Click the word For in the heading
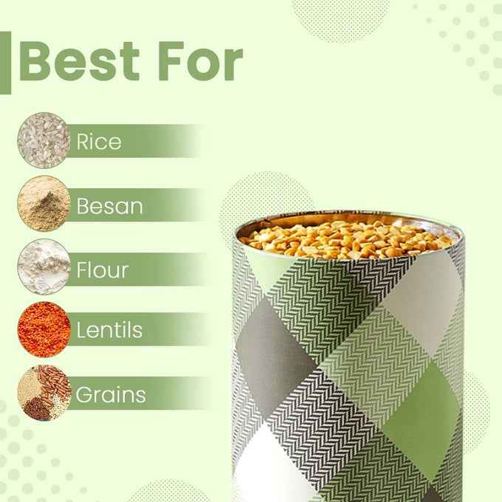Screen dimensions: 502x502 199,62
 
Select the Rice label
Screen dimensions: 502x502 98,141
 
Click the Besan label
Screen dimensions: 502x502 109,206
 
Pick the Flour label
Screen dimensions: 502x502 102,269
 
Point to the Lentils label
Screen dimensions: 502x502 109,330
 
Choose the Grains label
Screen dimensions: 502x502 111,395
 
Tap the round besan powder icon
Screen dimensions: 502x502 44,204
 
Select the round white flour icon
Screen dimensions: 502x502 44,267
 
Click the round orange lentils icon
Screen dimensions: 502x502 44,329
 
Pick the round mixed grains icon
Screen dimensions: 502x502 44,393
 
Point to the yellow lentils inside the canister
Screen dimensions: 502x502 347,238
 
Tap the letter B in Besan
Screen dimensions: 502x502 83,206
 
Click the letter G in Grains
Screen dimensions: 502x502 83,395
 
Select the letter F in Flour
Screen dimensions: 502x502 81,269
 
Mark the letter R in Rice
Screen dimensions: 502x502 83,141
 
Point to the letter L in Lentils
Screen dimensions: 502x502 80,330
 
